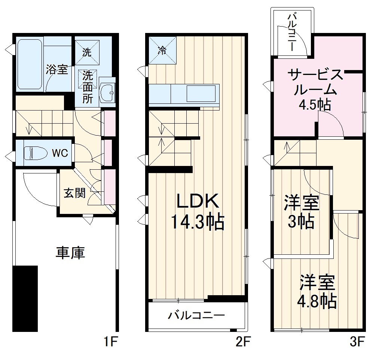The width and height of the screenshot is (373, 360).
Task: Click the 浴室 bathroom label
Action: pyautogui.click(x=57, y=70)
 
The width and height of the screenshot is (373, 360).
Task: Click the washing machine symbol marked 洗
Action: pyautogui.click(x=87, y=52)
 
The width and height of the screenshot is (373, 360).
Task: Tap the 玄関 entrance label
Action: pyautogui.click(x=74, y=193)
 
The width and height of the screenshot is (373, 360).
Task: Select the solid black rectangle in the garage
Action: pyautogui.click(x=25, y=299)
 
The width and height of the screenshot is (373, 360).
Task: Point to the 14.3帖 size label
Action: pyautogui.click(x=197, y=222)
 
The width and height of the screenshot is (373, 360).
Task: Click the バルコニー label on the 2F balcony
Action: pyautogui.click(x=196, y=315)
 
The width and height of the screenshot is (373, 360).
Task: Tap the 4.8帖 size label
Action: pyautogui.click(x=317, y=300)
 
